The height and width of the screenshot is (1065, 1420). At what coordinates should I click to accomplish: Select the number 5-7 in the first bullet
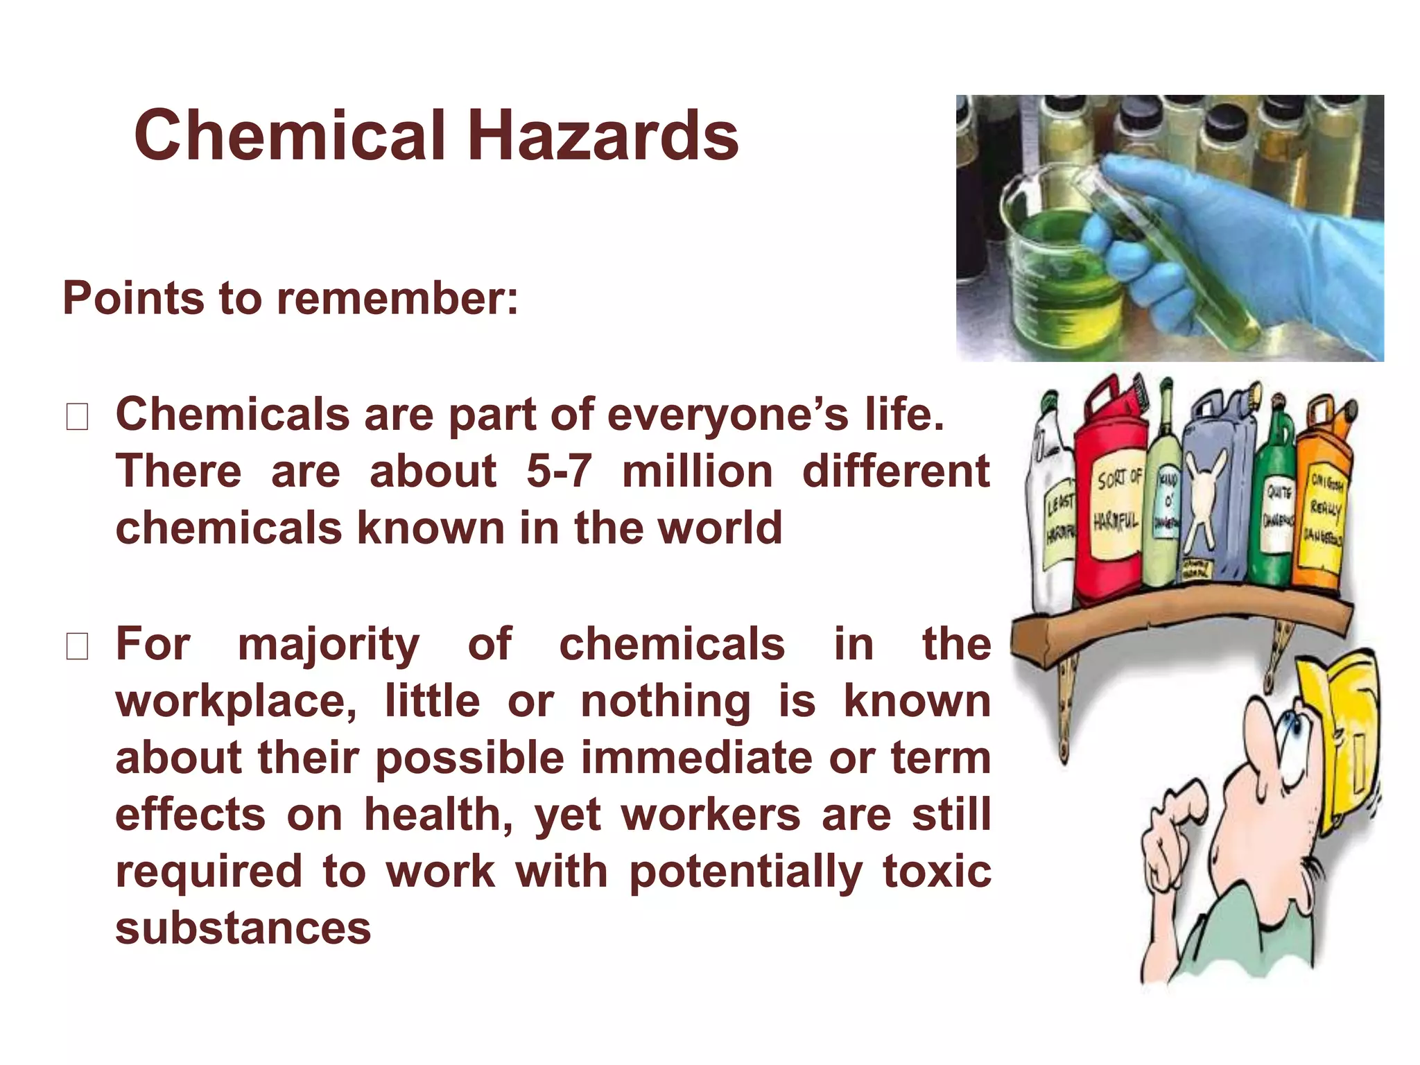(559, 471)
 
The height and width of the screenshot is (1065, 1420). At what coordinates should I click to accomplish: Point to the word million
(697, 471)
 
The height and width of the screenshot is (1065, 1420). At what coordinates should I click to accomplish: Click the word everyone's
(727, 415)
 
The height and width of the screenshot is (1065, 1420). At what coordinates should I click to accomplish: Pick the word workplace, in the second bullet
(236, 702)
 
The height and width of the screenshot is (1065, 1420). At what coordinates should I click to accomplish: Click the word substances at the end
(243, 928)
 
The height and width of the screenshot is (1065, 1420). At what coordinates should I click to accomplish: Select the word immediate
(697, 757)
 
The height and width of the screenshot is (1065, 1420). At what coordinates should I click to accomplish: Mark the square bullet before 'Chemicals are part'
(76, 417)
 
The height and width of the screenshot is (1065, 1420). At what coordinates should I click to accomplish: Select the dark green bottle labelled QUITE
(1274, 513)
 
